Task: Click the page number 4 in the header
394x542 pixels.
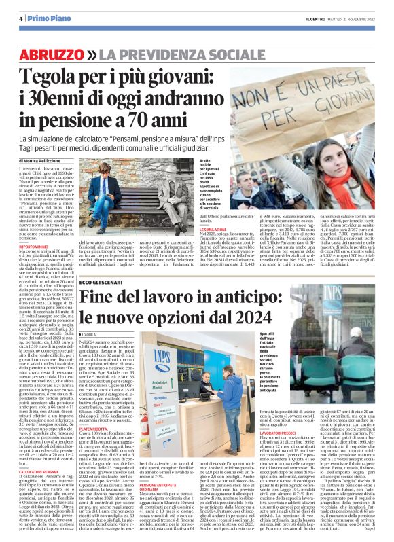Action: (22, 18)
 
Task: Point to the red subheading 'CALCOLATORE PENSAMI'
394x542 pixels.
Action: (39, 470)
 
